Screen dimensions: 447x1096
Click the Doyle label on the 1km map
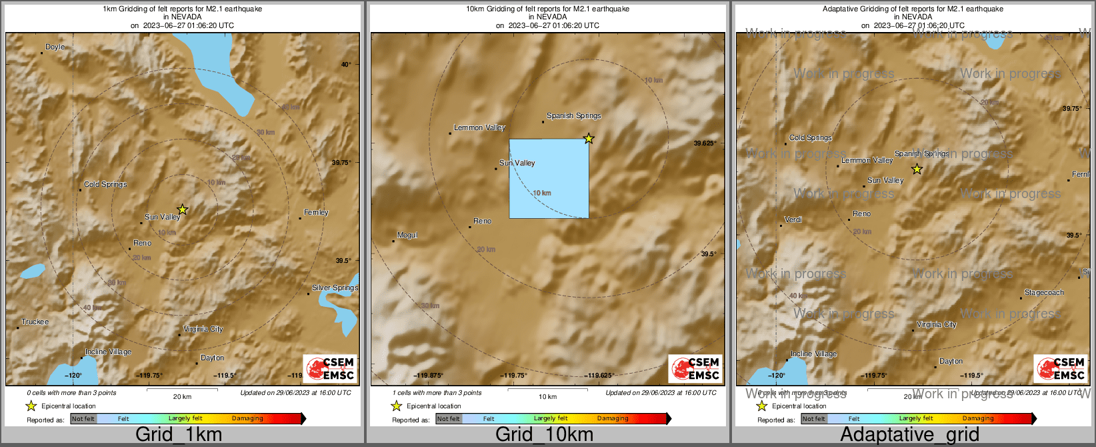tap(55, 47)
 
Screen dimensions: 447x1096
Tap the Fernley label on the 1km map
tap(316, 213)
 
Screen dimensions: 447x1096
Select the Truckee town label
tap(35, 322)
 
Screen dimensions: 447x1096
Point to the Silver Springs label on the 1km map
tap(335, 288)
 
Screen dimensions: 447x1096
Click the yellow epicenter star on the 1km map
tap(183, 209)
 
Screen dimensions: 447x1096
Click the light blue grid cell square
tap(549, 178)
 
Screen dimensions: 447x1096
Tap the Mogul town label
tap(407, 236)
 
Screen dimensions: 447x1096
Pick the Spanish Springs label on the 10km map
tap(573, 116)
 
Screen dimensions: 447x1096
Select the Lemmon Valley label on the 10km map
tap(479, 128)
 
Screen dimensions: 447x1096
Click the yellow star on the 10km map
tap(589, 139)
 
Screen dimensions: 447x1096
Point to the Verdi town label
tap(793, 219)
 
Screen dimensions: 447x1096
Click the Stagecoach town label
tap(1044, 293)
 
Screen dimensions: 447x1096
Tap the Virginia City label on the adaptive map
tap(936, 325)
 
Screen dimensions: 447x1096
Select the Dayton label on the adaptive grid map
tap(951, 362)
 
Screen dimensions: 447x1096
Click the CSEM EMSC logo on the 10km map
tap(695, 368)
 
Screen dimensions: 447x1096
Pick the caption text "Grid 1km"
tap(179, 434)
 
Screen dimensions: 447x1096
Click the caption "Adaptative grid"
tap(909, 434)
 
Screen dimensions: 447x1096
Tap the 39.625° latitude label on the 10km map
tap(705, 143)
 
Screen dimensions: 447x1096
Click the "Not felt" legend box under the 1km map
tap(83, 419)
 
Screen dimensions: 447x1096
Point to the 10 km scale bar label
tap(547, 397)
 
